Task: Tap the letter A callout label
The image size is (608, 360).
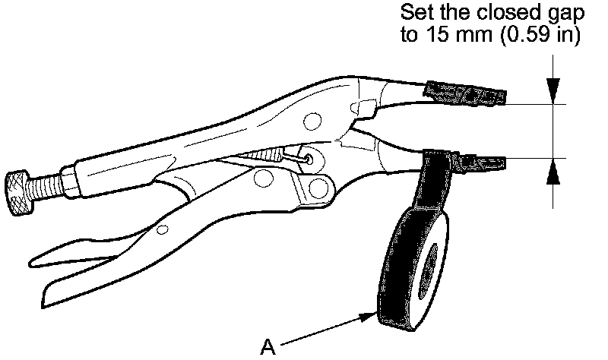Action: [267, 347]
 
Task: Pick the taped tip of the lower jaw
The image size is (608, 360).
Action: [479, 161]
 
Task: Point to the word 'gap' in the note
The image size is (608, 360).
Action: [563, 14]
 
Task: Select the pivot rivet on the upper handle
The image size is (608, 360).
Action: [310, 121]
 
